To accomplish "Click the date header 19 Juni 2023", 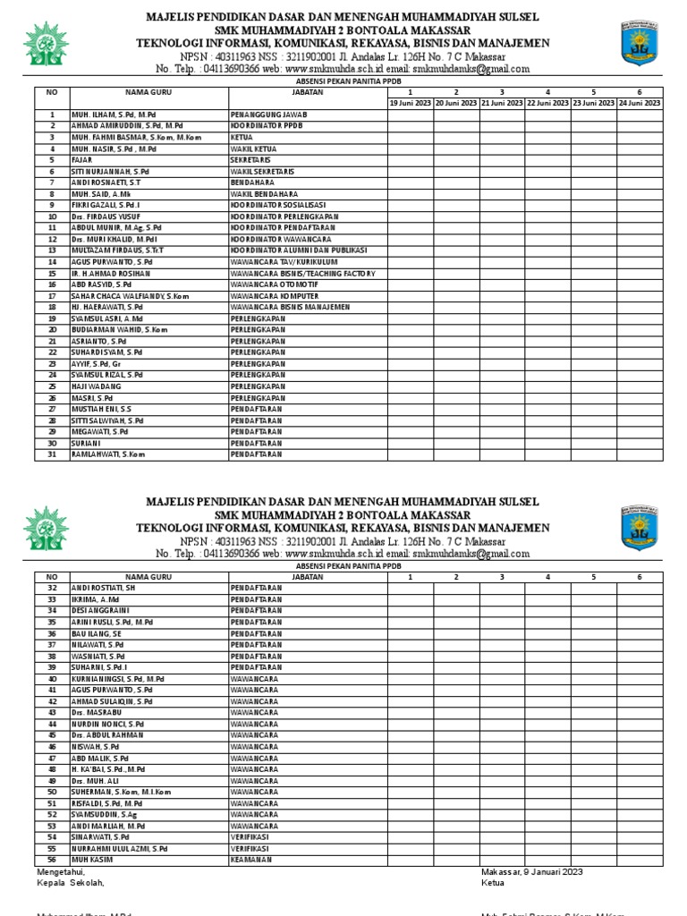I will pyautogui.click(x=411, y=104).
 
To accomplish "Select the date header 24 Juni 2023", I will pyautogui.click(x=639, y=104).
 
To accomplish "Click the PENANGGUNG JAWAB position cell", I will pyautogui.click(x=268, y=115).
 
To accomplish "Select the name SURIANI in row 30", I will pyautogui.click(x=87, y=443).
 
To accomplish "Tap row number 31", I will pyautogui.click(x=52, y=454).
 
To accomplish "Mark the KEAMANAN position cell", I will pyautogui.click(x=251, y=860).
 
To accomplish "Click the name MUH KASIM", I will pyautogui.click(x=90, y=860).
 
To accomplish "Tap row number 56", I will pyautogui.click(x=52, y=860).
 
